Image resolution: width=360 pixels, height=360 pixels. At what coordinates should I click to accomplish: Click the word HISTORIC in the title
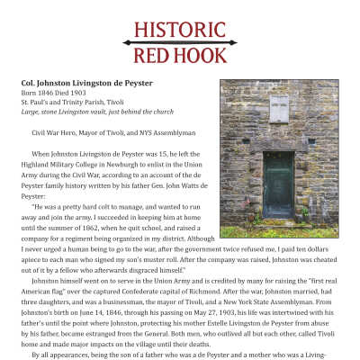coord(180,29)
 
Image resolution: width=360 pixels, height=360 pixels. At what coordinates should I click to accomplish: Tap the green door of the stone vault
coord(279,184)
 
